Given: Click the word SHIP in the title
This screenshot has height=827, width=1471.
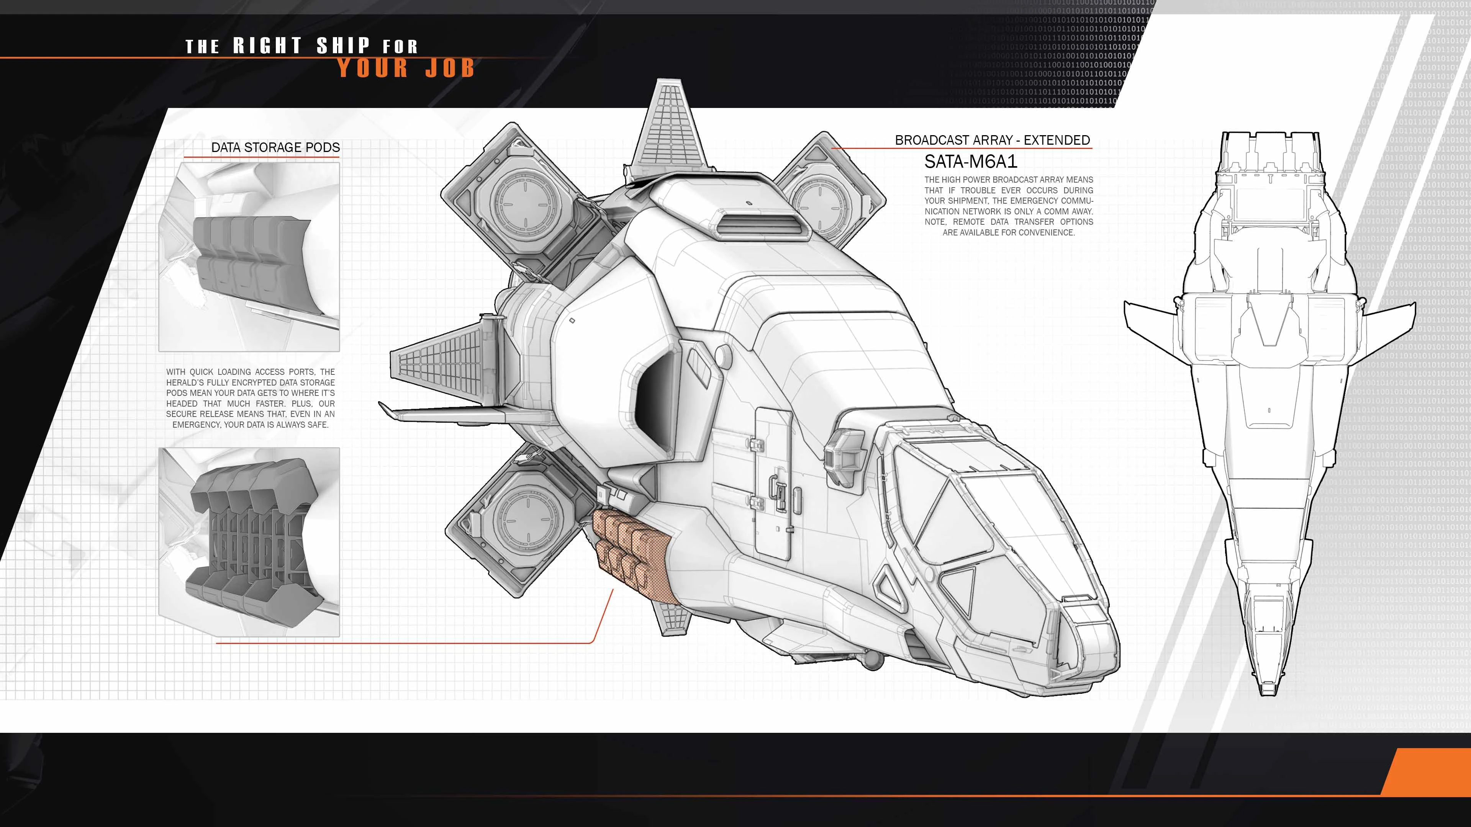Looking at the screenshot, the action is click(343, 46).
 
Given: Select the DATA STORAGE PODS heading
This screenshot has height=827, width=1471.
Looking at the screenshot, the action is click(275, 147).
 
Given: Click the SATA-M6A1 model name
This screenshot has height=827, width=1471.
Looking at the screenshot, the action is click(971, 162).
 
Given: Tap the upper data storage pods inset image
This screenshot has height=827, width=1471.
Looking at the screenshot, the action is click(249, 257).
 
